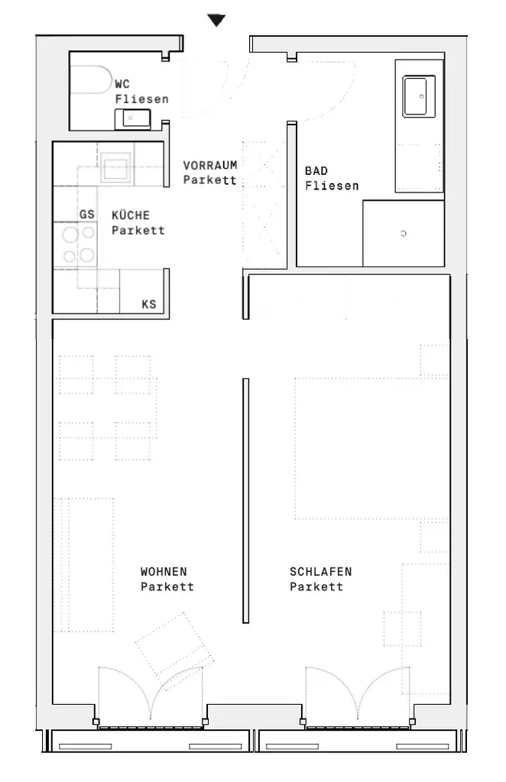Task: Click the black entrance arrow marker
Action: click(x=216, y=21)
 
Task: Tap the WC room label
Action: click(x=122, y=84)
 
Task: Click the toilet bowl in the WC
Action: click(x=91, y=79)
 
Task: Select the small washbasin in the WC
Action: click(x=133, y=118)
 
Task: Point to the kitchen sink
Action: click(x=116, y=166)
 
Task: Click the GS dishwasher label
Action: click(x=87, y=215)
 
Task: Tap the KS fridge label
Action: click(x=149, y=304)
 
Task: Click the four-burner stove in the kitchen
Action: click(x=78, y=245)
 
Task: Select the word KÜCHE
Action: click(x=131, y=215)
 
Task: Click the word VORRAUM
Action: click(x=210, y=165)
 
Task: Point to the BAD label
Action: click(x=316, y=170)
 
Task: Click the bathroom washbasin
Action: click(x=419, y=95)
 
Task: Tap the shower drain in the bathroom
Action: click(x=404, y=233)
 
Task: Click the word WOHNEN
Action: click(x=164, y=571)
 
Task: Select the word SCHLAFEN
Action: click(x=321, y=571)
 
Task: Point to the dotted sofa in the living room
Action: click(x=84, y=564)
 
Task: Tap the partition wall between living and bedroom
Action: click(x=245, y=501)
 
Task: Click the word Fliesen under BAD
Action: click(x=332, y=186)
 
